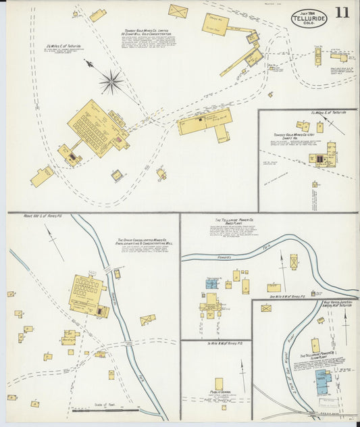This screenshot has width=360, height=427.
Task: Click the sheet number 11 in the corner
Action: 342,13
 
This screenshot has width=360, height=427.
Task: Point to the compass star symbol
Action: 111,82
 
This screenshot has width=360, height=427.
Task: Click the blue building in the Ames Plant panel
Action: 212,282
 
